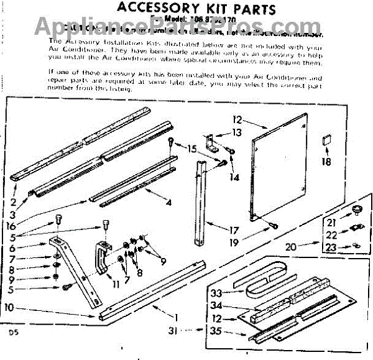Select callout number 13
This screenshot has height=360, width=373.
236,132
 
